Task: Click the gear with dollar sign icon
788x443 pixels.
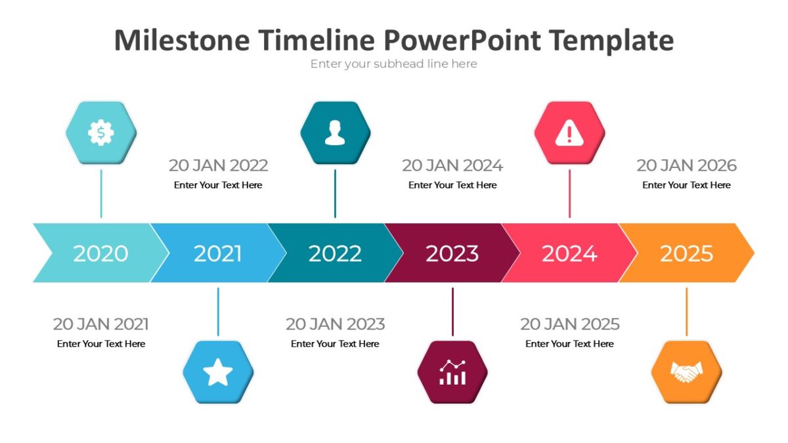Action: click(x=101, y=133)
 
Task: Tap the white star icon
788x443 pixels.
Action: click(x=218, y=372)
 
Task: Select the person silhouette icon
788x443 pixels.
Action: click(x=335, y=133)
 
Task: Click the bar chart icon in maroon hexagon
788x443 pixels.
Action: click(x=452, y=372)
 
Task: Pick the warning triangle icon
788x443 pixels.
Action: click(x=569, y=133)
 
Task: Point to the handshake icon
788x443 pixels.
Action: click(x=686, y=372)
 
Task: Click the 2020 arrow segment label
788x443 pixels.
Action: click(x=100, y=253)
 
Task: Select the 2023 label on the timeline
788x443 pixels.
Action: click(x=452, y=253)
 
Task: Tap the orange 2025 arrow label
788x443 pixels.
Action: click(x=686, y=253)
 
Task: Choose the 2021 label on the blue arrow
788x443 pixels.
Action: click(x=218, y=253)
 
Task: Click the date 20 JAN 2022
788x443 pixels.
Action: click(x=218, y=165)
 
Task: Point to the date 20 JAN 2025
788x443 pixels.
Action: click(x=569, y=324)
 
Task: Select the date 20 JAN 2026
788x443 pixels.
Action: click(x=686, y=165)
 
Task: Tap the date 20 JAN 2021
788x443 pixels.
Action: click(x=100, y=324)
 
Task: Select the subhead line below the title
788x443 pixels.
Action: click(x=393, y=64)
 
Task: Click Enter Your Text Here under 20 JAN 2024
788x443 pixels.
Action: click(x=452, y=185)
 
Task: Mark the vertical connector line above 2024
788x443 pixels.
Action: click(x=569, y=194)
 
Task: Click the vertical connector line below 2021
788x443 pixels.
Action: click(x=218, y=312)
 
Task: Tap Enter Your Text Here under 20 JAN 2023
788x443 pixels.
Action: click(x=335, y=344)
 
